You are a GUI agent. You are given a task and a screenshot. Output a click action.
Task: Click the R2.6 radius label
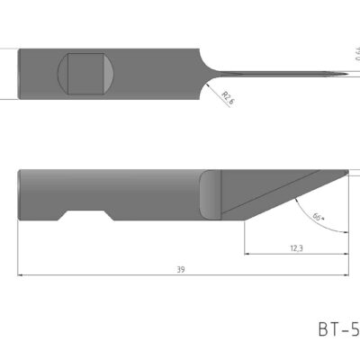tap(227, 96)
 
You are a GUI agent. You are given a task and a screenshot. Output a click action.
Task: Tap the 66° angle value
tap(318, 218)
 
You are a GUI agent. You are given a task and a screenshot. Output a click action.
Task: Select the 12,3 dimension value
tap(296, 246)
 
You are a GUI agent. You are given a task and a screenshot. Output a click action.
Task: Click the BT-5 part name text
tap(337, 329)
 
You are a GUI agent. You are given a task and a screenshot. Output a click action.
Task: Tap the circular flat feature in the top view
tap(87, 74)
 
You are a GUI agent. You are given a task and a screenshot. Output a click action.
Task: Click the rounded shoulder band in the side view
tap(209, 193)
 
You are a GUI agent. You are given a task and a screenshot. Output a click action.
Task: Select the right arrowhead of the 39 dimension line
tap(346, 275)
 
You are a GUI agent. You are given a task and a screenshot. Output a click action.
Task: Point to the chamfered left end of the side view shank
tap(21, 193)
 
